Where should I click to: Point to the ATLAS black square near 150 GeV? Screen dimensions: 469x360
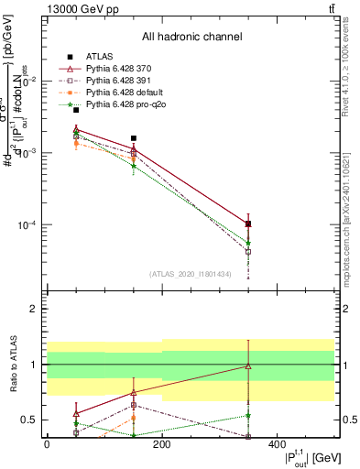[x=134, y=138]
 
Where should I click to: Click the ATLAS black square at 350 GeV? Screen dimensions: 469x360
[x=248, y=224]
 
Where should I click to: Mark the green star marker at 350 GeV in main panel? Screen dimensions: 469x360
[x=248, y=244]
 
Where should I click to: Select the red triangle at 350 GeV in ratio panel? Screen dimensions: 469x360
[x=248, y=365]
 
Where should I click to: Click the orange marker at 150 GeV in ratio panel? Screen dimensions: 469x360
[x=134, y=418]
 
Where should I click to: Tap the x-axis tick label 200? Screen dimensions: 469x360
[x=162, y=444]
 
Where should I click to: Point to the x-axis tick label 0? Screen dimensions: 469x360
[x=47, y=444]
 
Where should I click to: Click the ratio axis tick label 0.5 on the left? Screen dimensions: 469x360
[x=27, y=420]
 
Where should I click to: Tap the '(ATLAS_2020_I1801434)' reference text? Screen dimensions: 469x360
[x=191, y=274]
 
